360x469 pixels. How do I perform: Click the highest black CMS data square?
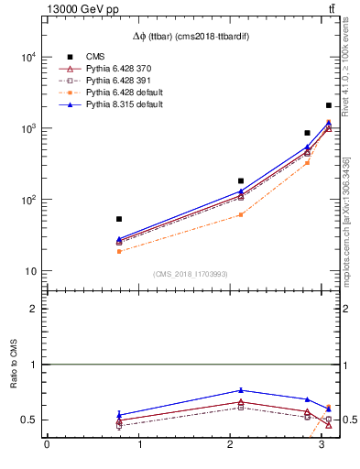click(x=329, y=105)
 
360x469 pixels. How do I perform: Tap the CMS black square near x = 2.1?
click(x=241, y=181)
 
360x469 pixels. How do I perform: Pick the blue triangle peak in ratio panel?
click(x=241, y=390)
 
